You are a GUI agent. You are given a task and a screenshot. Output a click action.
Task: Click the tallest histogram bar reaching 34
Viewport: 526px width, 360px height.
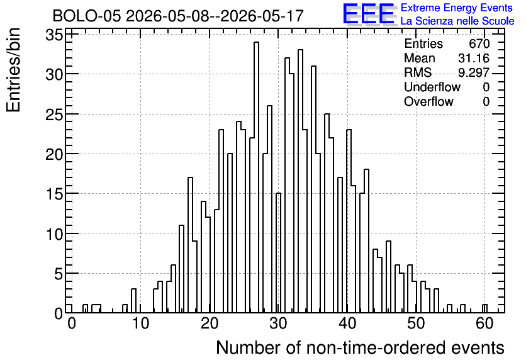coord(256,177)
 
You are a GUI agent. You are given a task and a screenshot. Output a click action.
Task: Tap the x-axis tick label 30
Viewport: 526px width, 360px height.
coord(279,323)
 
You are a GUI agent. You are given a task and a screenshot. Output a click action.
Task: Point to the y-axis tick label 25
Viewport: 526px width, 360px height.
coord(54,115)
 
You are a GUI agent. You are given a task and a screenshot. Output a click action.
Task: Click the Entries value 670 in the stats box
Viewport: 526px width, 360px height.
coord(479,43)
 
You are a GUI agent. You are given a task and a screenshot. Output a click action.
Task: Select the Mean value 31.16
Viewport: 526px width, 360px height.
coord(474,58)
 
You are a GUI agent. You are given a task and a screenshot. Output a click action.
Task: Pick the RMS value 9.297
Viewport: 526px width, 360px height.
coord(474,72)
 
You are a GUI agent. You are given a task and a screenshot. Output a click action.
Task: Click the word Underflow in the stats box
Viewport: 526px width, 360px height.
coord(432,87)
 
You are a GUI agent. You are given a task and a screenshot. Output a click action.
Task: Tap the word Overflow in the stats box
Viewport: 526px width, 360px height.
coord(428,102)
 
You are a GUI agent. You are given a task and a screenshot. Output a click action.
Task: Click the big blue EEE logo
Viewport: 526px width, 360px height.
coord(369,14)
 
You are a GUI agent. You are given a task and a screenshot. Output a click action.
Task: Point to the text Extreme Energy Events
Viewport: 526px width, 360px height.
coord(457,8)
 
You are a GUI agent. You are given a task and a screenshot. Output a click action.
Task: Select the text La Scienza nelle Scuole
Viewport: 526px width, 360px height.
coord(457,21)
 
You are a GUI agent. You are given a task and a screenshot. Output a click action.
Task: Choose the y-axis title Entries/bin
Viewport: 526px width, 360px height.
coord(14,70)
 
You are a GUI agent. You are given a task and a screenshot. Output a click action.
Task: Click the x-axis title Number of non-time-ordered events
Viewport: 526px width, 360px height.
coord(360,347)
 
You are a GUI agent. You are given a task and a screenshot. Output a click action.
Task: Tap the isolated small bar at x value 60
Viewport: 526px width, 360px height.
coord(484,308)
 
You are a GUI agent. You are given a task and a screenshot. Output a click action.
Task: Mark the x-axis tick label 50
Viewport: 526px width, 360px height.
coord(417,323)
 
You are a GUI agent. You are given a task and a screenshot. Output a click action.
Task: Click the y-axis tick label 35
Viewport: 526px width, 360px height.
coord(54,35)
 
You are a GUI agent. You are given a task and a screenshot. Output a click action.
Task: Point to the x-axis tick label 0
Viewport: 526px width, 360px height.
coord(72,323)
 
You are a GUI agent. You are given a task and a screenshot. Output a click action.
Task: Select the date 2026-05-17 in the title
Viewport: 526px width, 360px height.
coord(262,16)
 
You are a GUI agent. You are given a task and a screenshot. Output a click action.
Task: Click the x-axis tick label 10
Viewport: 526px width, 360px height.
coord(140,323)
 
